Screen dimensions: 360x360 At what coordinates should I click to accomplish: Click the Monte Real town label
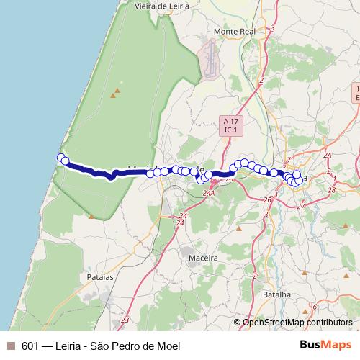(232, 32)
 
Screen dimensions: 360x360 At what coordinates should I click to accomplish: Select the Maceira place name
(182, 256)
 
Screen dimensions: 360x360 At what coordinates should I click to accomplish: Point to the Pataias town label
(99, 276)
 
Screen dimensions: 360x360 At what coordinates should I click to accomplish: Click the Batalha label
(276, 294)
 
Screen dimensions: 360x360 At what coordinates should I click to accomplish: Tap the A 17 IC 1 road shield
(230, 126)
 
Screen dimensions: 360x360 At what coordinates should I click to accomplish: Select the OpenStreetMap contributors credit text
(297, 323)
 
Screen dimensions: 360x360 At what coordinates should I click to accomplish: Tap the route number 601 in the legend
(31, 346)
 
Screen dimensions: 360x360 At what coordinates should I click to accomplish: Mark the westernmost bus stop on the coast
(61, 158)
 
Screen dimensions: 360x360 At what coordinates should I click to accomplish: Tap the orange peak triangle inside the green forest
(114, 94)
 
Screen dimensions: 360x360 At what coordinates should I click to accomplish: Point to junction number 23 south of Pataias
(125, 320)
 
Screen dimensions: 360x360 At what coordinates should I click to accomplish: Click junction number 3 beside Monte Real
(274, 28)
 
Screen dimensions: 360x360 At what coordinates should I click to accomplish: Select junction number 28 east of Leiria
(332, 189)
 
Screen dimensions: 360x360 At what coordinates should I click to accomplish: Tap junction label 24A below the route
(209, 193)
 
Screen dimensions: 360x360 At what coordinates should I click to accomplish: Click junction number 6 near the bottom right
(314, 307)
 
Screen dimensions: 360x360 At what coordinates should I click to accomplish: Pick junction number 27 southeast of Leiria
(300, 206)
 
